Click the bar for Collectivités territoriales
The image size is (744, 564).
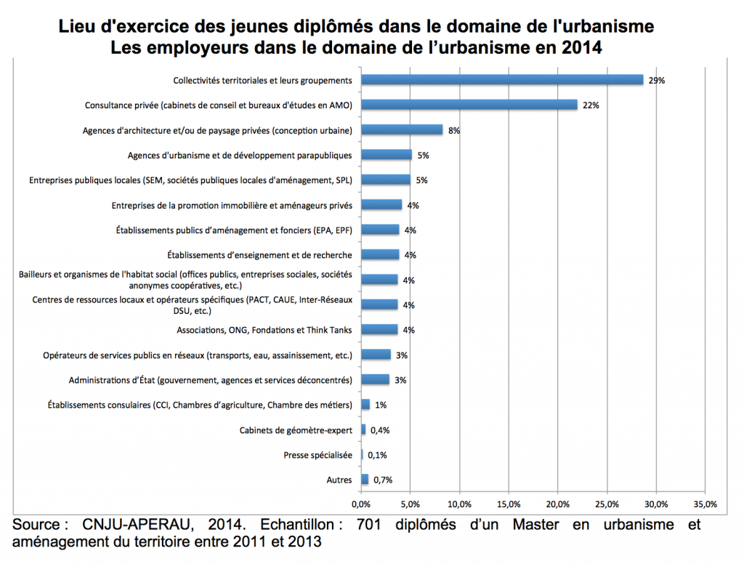click(502, 80)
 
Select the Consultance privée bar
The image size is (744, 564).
click(469, 105)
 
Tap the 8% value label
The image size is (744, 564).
click(455, 131)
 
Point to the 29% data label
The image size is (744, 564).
click(657, 80)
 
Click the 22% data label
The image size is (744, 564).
click(590, 105)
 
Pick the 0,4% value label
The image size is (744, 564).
click(380, 430)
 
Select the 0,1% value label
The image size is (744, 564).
click(377, 455)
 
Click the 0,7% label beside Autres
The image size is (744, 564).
click(382, 480)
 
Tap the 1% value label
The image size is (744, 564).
click(380, 405)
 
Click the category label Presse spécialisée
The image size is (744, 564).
click(318, 455)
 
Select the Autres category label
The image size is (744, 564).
click(339, 480)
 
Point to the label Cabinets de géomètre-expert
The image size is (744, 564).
click(296, 430)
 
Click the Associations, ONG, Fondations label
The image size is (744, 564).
click(264, 330)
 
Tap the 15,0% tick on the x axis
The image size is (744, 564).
click(508, 504)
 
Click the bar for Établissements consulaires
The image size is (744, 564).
click(365, 405)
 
